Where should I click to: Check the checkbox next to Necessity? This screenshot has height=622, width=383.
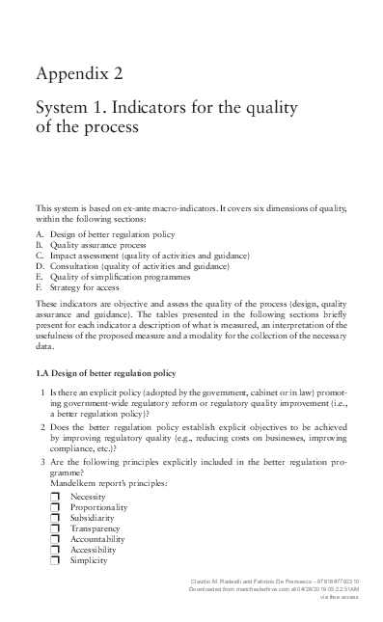[x=55, y=497]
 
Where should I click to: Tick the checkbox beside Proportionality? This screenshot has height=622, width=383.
[x=55, y=507]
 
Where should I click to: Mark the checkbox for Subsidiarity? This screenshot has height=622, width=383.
[x=55, y=518]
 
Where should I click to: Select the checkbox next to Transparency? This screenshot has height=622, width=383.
[x=55, y=528]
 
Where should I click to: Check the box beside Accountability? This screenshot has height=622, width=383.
[x=55, y=539]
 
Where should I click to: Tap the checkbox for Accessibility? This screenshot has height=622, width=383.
[x=55, y=550]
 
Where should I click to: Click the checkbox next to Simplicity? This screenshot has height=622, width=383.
[x=55, y=560]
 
